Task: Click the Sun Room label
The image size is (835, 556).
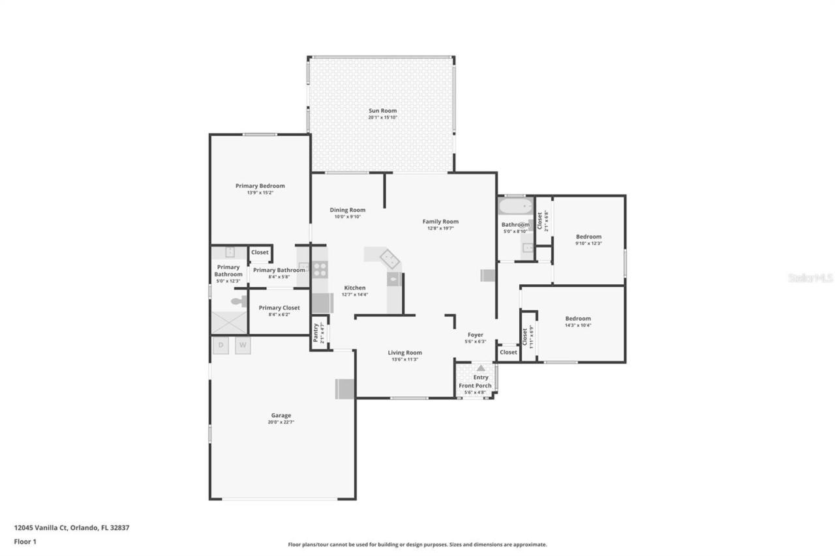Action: [x=382, y=111]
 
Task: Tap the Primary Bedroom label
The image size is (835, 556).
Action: [x=260, y=186]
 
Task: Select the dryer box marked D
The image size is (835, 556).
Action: [x=220, y=345]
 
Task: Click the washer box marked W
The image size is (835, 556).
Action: [x=243, y=345]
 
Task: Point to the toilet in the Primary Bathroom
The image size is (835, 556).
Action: [x=238, y=301]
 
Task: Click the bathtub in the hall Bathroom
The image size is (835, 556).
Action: [x=515, y=207]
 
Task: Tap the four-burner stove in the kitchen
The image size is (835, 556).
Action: [x=320, y=269]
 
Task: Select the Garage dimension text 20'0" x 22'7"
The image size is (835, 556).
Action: [x=281, y=422]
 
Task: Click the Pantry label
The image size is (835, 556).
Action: [x=316, y=332]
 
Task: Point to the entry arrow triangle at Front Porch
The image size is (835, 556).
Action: [x=481, y=368]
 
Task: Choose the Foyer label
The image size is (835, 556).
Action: [x=475, y=334]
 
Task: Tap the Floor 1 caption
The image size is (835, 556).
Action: [x=25, y=541]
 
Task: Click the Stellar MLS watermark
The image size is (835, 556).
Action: [x=810, y=278]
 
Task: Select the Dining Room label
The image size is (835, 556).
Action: [x=347, y=210]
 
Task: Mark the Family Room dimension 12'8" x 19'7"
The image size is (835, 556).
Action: [x=440, y=228]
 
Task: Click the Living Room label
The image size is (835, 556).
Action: [x=404, y=353]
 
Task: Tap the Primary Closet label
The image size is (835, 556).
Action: [x=279, y=308]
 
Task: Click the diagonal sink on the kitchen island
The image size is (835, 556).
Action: [x=391, y=259]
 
